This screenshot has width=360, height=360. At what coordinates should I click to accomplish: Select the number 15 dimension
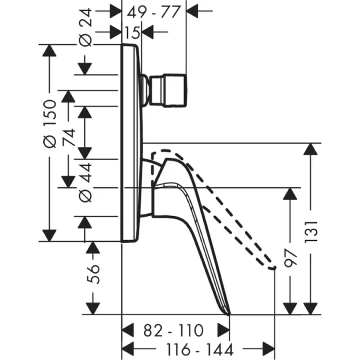pyautogui.click(x=132, y=32)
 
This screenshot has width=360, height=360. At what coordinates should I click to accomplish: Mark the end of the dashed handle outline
pyautogui.click(x=275, y=267)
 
